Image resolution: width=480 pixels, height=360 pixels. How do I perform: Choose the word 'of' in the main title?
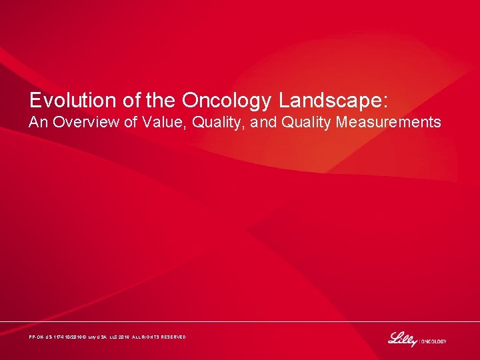pyautogui.click(x=130, y=100)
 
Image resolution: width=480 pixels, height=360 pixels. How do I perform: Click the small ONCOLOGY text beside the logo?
pyautogui.click(x=433, y=341)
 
